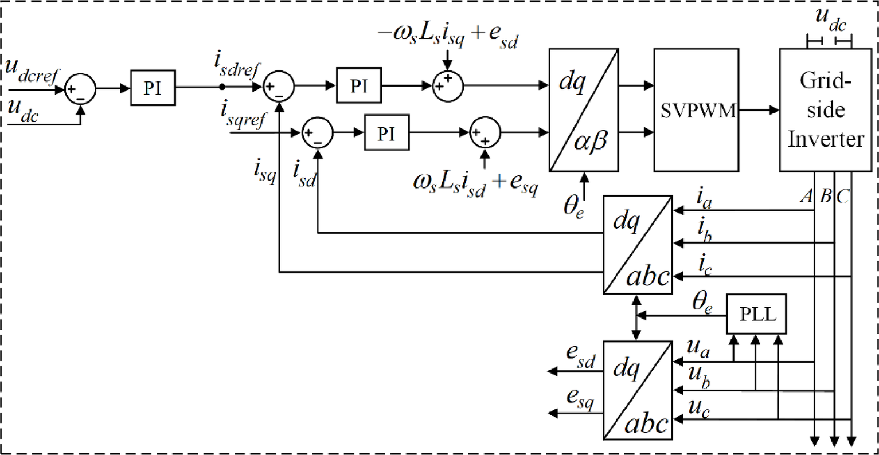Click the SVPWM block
point(696,110)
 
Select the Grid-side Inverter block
point(825,110)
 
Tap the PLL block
point(756,315)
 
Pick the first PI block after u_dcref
point(152,88)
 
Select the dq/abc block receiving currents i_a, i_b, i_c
point(636,245)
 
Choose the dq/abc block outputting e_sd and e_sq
point(636,390)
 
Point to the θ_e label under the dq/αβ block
point(573,207)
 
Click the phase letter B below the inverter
point(826,196)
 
